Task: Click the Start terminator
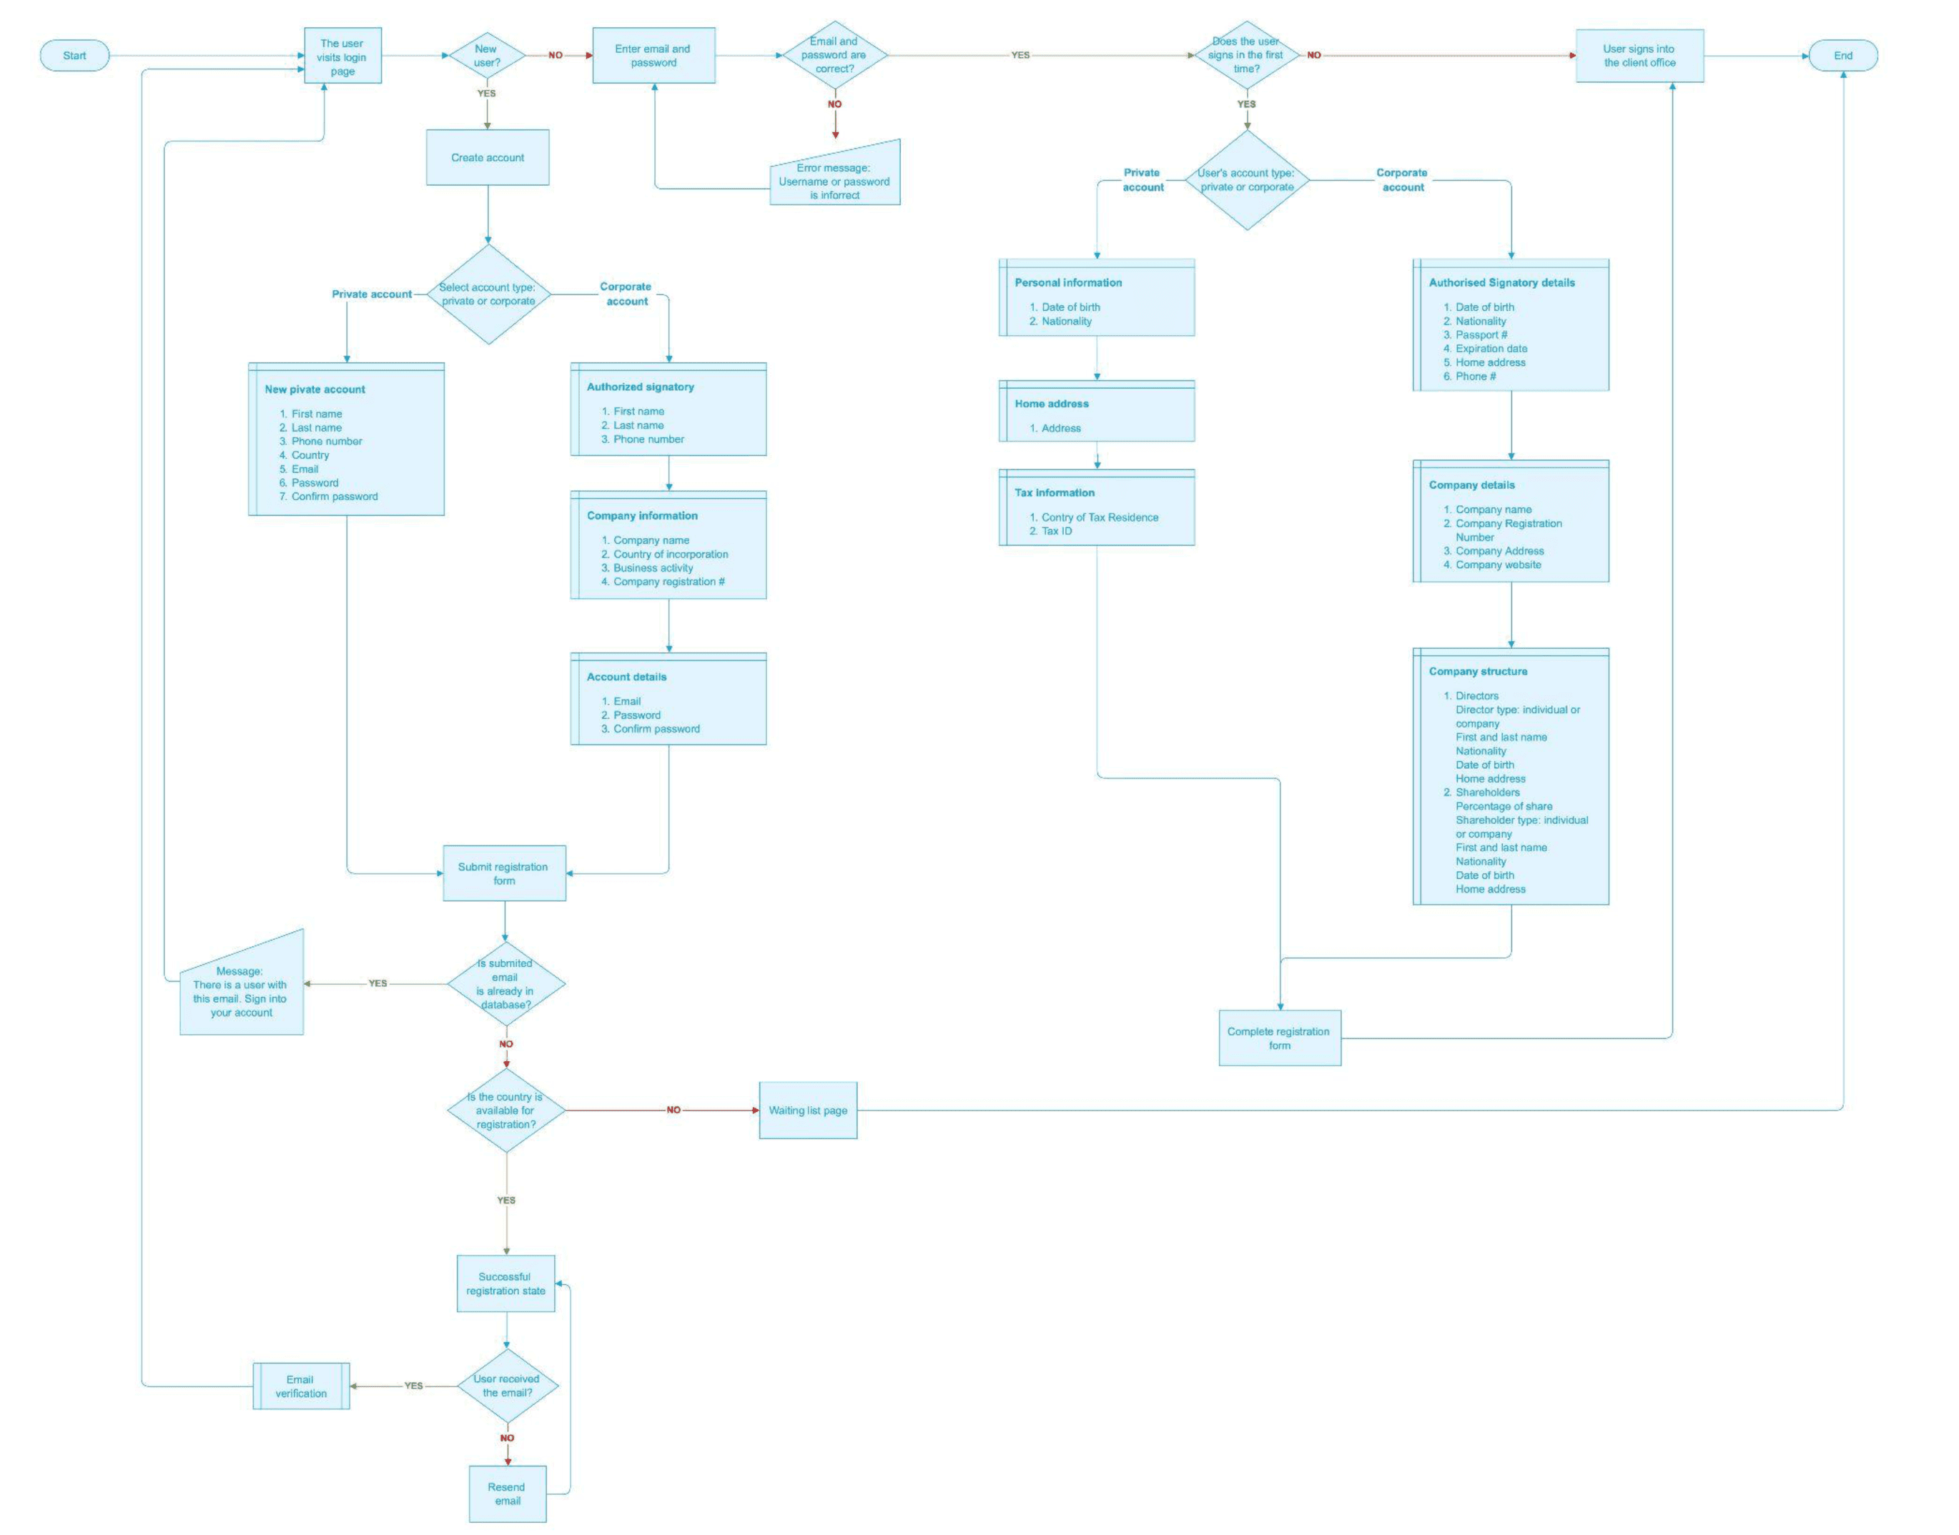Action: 74,56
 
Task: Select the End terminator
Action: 1842,56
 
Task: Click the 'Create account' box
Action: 488,158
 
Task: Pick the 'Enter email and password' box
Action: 653,56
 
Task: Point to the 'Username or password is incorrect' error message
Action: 834,181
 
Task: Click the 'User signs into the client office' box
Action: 1639,56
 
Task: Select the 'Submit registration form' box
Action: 503,873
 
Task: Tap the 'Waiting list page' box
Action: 807,1111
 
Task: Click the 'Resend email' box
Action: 507,1494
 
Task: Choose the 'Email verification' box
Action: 301,1386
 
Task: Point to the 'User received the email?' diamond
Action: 507,1386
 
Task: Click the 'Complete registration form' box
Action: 1278,1038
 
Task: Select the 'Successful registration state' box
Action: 505,1283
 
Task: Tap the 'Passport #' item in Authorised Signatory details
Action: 1481,335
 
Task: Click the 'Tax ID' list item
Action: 1057,531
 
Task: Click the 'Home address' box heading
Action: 1052,404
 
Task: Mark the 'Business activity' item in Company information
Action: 653,568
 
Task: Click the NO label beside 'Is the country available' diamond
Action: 673,1111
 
